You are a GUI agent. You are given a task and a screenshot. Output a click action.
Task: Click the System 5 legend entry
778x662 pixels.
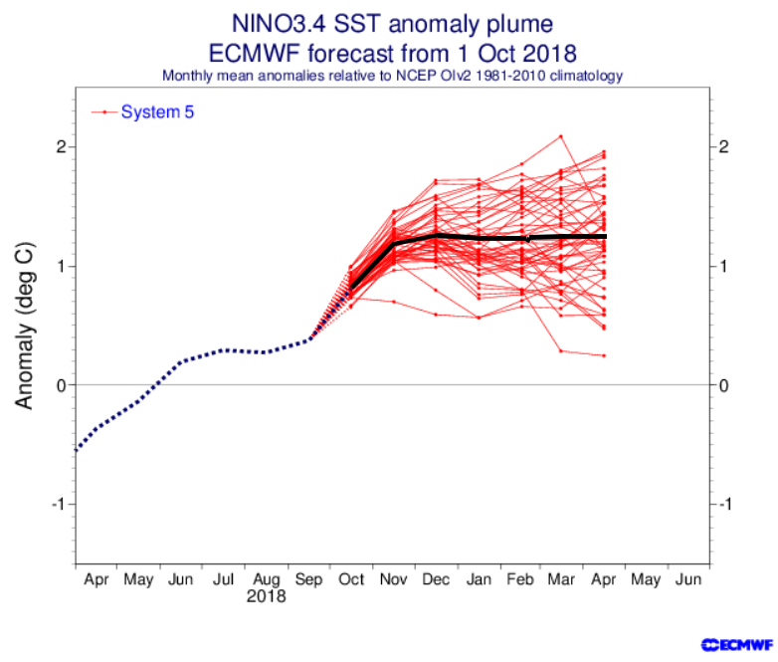click(157, 112)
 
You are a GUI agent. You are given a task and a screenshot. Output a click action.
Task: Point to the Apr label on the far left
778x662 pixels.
click(97, 577)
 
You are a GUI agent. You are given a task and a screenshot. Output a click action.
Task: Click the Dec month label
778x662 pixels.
click(435, 577)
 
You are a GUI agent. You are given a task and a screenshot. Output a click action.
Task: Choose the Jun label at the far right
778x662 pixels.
click(687, 577)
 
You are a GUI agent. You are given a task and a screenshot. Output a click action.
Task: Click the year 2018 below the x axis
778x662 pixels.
click(266, 597)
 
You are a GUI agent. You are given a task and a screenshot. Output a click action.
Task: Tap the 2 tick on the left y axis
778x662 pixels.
click(60, 146)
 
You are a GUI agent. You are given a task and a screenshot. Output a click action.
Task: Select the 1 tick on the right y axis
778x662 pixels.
click(722, 266)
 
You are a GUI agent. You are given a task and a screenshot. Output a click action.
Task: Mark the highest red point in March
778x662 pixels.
click(561, 136)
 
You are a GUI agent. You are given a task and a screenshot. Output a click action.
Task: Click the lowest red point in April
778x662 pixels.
click(604, 355)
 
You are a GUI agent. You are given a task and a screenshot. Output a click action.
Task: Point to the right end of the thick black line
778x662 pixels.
click(604, 236)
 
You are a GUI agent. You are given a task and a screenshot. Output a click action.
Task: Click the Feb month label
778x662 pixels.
click(519, 577)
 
